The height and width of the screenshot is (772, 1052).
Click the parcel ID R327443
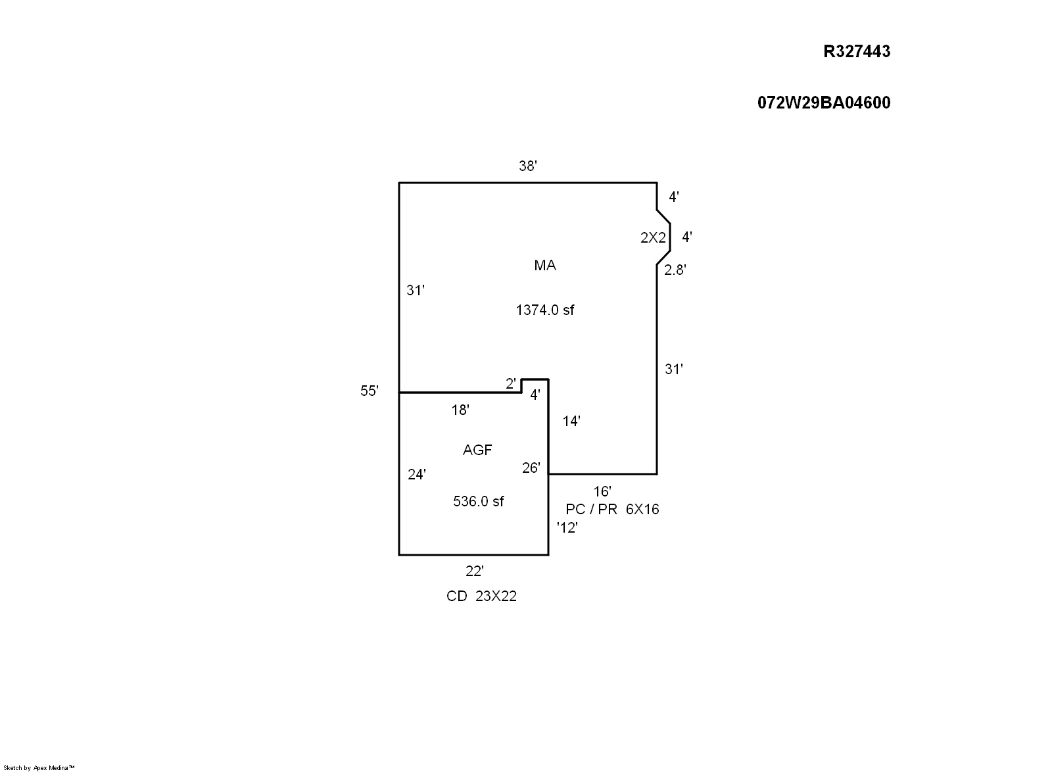pos(857,51)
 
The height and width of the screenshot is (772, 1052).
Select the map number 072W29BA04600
pos(824,103)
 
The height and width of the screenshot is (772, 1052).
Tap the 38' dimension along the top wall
pos(528,166)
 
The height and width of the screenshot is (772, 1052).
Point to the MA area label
pos(545,265)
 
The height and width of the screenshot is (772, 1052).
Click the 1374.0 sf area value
pos(545,310)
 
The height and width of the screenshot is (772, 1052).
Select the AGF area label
pos(477,450)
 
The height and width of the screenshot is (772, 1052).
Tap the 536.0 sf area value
pos(479,501)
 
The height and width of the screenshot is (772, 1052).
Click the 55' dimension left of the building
pos(370,391)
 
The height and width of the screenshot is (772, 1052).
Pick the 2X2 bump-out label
pos(653,238)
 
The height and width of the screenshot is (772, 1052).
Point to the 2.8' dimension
pos(675,270)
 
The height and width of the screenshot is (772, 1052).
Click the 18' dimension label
pos(460,410)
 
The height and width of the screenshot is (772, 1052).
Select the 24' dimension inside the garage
pos(417,474)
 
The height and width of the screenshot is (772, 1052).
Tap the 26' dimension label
pos(531,468)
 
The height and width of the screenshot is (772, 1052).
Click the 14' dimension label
pos(571,421)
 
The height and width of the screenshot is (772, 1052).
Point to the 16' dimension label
pos(602,491)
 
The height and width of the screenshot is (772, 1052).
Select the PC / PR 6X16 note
pos(612,509)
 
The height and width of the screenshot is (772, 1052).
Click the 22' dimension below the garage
pos(475,571)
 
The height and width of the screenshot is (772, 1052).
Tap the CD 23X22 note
pos(481,596)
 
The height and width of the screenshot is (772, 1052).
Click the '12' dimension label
pos(567,527)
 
